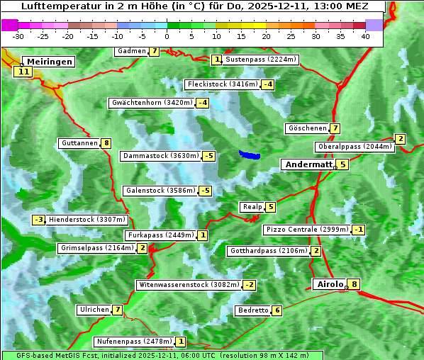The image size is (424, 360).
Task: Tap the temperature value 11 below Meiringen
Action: (x=23, y=72)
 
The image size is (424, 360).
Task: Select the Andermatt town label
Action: (x=308, y=164)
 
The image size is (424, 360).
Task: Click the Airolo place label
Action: (x=330, y=284)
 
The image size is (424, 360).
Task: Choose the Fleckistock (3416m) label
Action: (x=221, y=84)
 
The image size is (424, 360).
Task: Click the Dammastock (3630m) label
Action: (x=160, y=156)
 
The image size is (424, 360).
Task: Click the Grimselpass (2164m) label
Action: (x=96, y=248)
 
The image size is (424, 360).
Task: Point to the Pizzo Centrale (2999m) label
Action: (x=307, y=230)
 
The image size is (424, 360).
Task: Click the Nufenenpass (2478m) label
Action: (x=133, y=342)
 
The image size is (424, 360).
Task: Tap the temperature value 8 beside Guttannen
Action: (x=106, y=143)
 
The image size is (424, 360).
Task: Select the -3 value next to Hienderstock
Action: (x=39, y=220)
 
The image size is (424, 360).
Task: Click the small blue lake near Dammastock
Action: (x=250, y=154)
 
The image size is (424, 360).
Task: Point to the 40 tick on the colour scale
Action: (x=365, y=36)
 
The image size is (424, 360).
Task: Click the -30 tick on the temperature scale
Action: (x=18, y=36)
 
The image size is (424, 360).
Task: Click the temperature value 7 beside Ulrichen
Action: (x=118, y=310)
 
